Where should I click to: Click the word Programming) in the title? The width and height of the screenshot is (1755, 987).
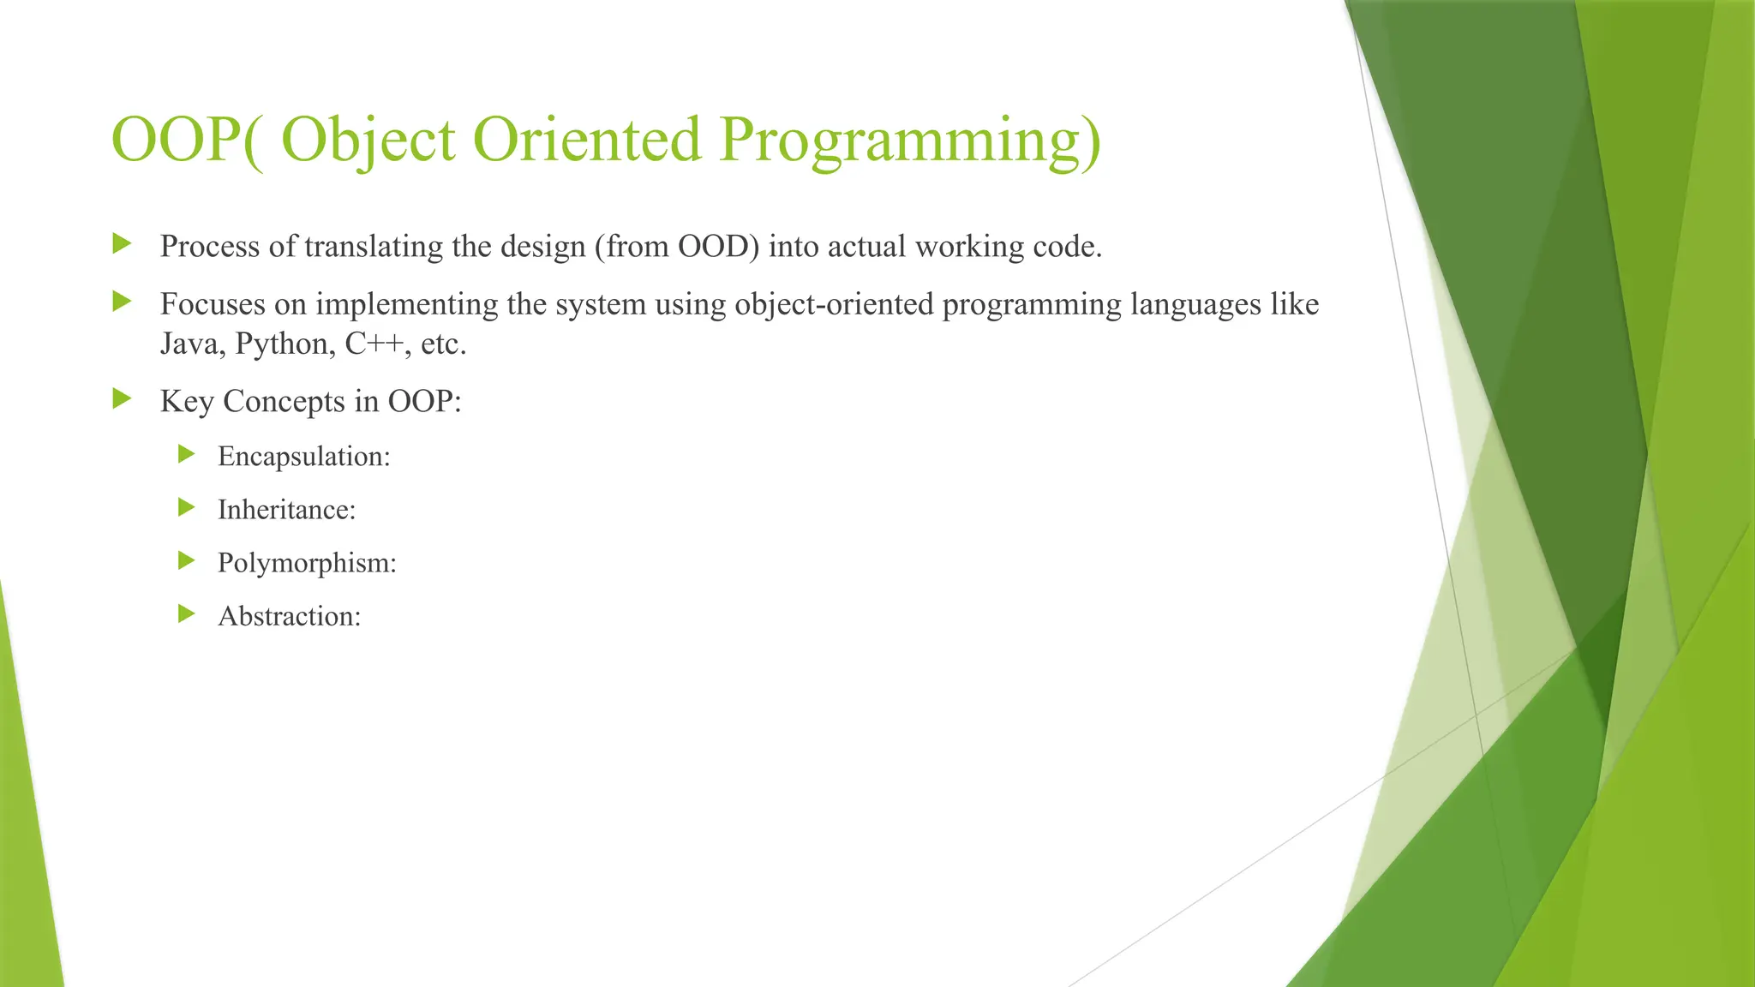(909, 140)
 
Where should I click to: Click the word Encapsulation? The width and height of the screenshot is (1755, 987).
(303, 457)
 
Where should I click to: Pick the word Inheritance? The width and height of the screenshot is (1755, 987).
(286, 510)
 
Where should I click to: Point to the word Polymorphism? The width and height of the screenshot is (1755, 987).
(307, 563)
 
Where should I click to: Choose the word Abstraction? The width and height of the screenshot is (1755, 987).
(289, 616)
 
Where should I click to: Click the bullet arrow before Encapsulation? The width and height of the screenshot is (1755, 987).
(186, 454)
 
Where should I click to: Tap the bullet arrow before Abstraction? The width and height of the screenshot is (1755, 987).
(186, 613)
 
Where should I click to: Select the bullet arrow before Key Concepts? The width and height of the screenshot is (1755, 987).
(122, 398)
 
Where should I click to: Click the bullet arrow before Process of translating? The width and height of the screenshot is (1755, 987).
(122, 243)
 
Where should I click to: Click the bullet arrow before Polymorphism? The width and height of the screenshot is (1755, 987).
(186, 560)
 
